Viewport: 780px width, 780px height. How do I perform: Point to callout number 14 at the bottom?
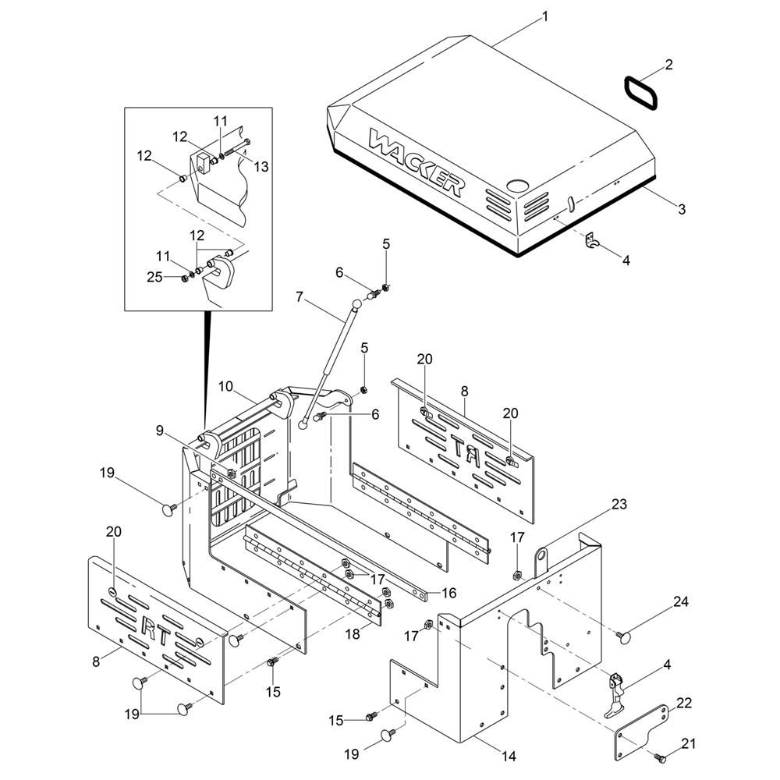(509, 756)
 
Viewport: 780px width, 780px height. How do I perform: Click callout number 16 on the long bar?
(448, 594)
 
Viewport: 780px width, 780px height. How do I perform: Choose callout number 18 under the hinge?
(352, 634)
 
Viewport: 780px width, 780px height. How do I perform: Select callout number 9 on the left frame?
(160, 429)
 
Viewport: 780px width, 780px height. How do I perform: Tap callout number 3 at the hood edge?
(680, 209)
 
